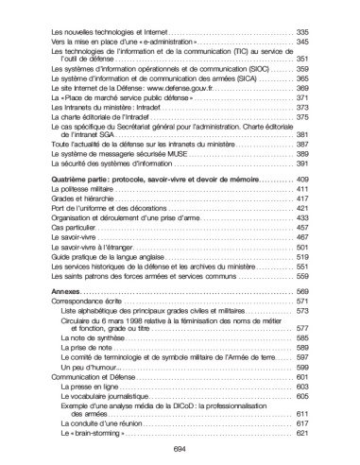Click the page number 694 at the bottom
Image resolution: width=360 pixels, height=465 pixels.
(x=180, y=450)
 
